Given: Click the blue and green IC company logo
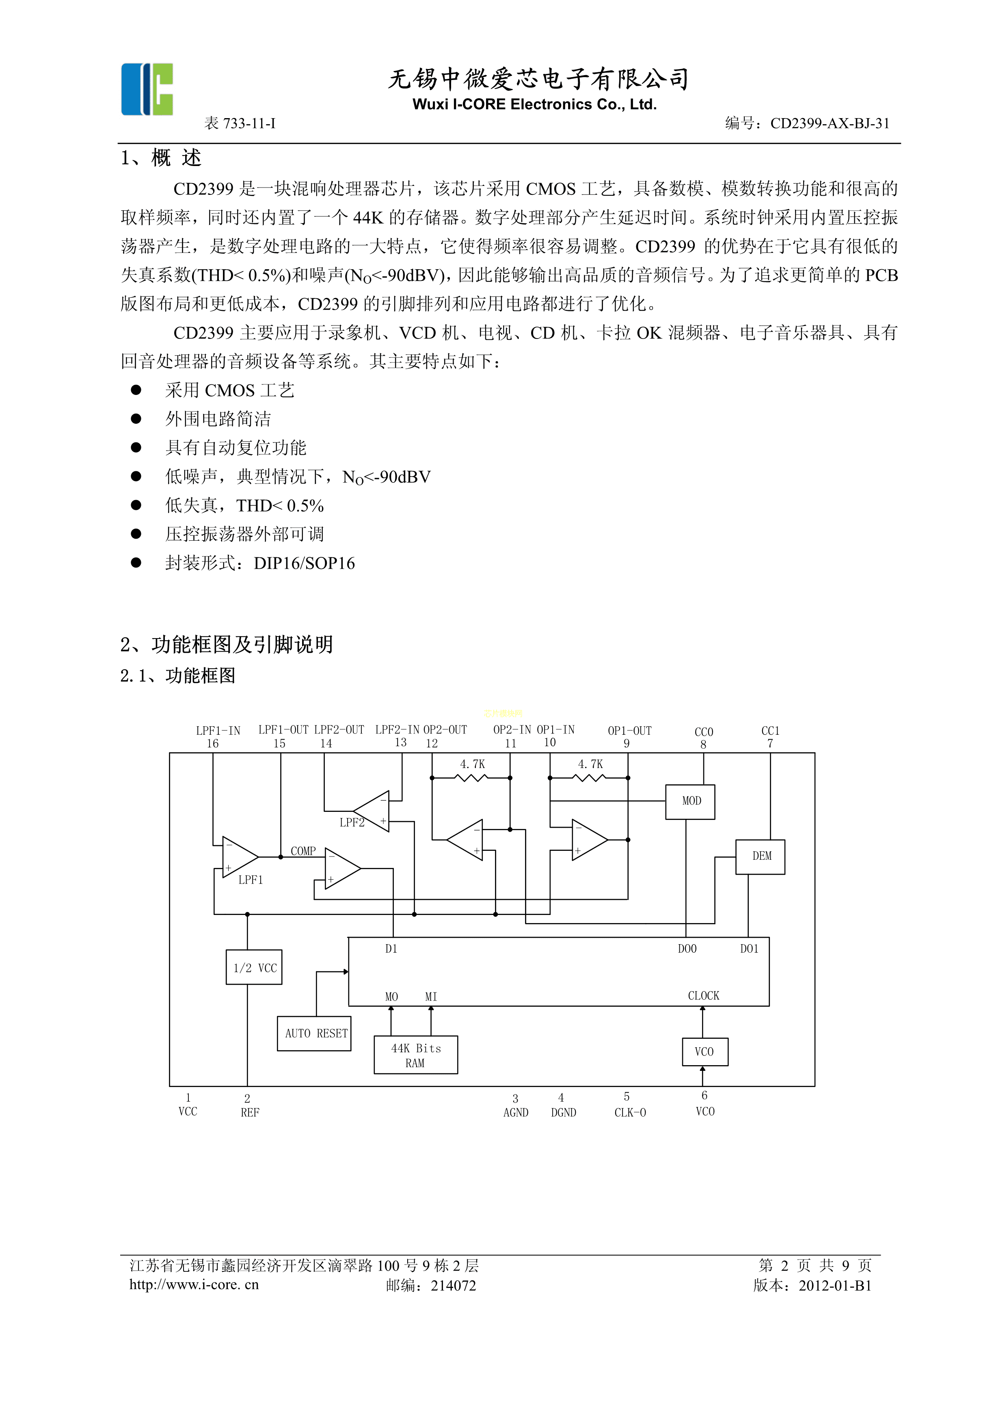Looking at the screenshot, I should pyautogui.click(x=147, y=89).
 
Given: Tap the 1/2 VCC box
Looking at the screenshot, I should pyautogui.click(x=254, y=967).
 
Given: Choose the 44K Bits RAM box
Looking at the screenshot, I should pyautogui.click(x=416, y=1055).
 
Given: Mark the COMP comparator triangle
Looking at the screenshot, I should pyautogui.click(x=341, y=868).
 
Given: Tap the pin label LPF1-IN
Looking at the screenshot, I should pyautogui.click(x=218, y=731).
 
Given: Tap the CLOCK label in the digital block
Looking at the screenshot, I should pyautogui.click(x=703, y=995).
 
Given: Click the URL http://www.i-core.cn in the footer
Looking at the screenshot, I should pyautogui.click(x=194, y=1284).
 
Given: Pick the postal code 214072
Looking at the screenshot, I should pyautogui.click(x=454, y=1286).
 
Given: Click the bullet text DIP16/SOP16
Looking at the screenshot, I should pyautogui.click(x=304, y=563).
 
